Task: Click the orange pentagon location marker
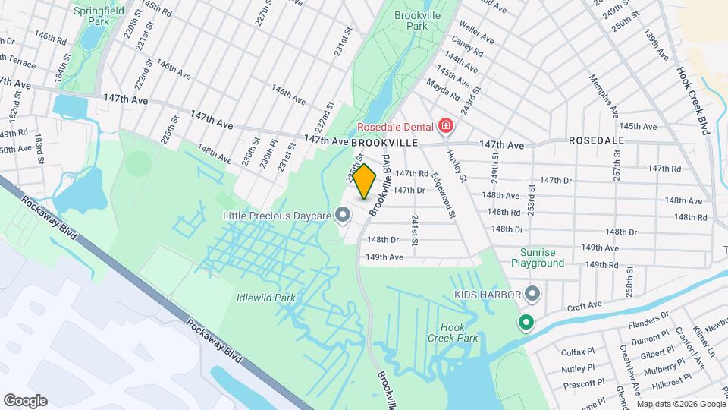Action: point(365,181)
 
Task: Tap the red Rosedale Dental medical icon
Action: point(447,126)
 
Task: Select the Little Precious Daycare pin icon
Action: point(343,216)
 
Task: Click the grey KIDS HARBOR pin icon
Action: point(532,294)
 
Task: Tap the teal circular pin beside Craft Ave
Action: point(525,323)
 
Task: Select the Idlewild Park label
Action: point(265,297)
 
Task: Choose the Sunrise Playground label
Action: point(542,257)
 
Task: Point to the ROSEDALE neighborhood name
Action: point(595,141)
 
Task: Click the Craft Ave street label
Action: point(585,304)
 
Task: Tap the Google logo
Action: point(25,400)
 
